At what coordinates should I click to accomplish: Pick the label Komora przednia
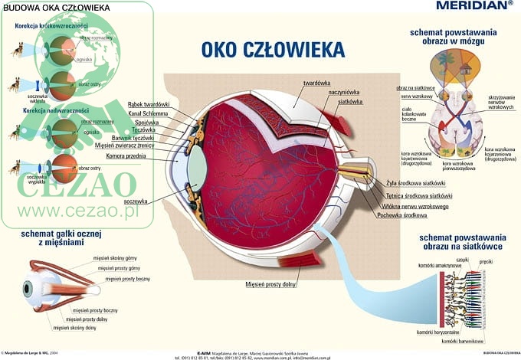(146, 155)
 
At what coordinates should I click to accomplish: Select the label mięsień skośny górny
(116, 258)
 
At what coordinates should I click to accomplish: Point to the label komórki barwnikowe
(463, 341)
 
